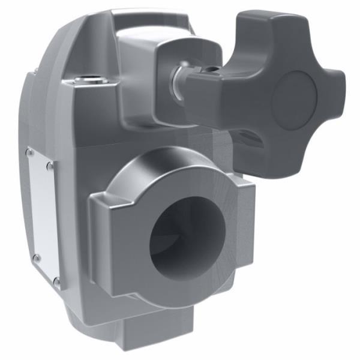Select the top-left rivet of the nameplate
(30, 152)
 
